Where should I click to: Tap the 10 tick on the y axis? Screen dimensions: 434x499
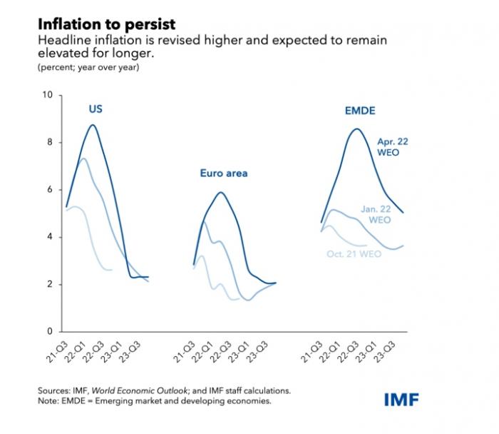(48, 95)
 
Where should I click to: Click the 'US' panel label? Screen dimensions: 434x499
(96, 109)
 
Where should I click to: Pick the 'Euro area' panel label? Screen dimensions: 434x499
(222, 173)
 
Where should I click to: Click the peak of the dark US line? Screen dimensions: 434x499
(93, 125)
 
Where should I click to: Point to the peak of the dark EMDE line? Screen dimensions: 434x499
(356, 129)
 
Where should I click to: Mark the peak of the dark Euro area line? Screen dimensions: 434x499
(221, 192)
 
